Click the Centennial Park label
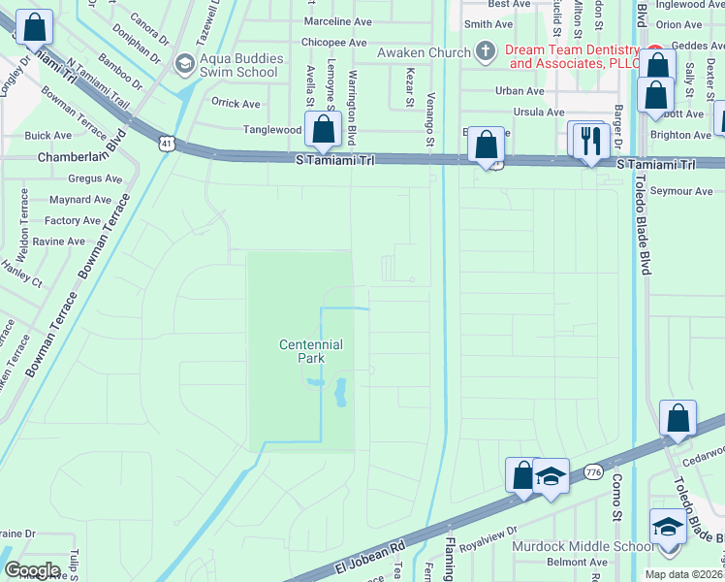coord(310,350)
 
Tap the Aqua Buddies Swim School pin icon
coord(183,64)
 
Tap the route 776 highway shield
coord(594,472)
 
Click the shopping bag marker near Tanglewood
coord(322,129)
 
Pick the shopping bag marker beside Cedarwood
coord(678,418)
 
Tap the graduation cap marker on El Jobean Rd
coord(551,477)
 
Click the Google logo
coord(31,569)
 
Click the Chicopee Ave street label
coord(333,43)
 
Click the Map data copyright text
coord(683,574)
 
